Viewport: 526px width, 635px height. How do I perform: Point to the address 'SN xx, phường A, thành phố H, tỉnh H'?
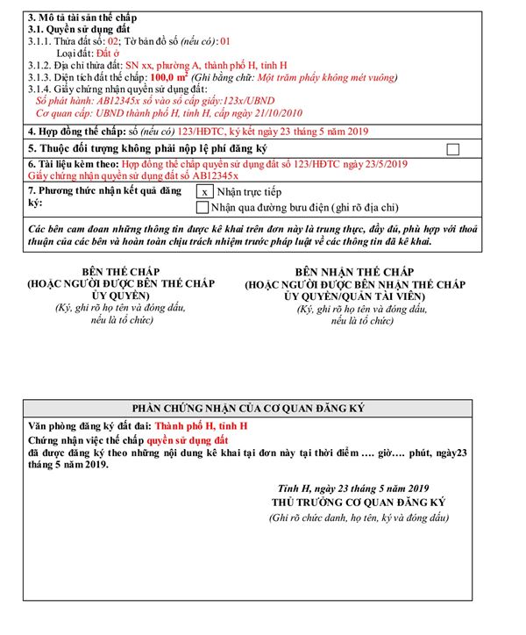pyautogui.click(x=206, y=66)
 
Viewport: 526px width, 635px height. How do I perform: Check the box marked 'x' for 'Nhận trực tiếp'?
pyautogui.click(x=203, y=191)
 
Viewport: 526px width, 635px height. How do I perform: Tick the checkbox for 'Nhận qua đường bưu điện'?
pyautogui.click(x=203, y=208)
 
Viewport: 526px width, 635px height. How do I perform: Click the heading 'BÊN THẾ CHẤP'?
pyautogui.click(x=121, y=272)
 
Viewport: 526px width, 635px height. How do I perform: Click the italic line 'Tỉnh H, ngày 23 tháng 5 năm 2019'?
pyautogui.click(x=353, y=489)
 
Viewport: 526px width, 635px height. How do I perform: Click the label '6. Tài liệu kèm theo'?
pyautogui.click(x=74, y=164)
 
